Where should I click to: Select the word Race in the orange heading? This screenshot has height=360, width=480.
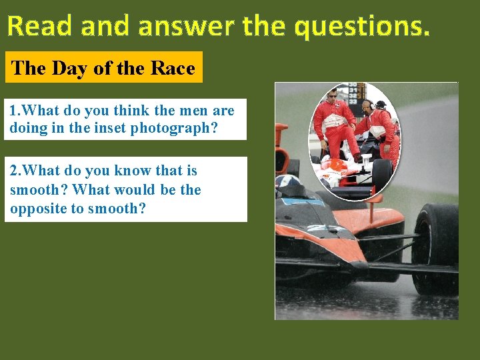(173, 68)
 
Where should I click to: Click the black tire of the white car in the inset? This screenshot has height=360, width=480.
(381, 175)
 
